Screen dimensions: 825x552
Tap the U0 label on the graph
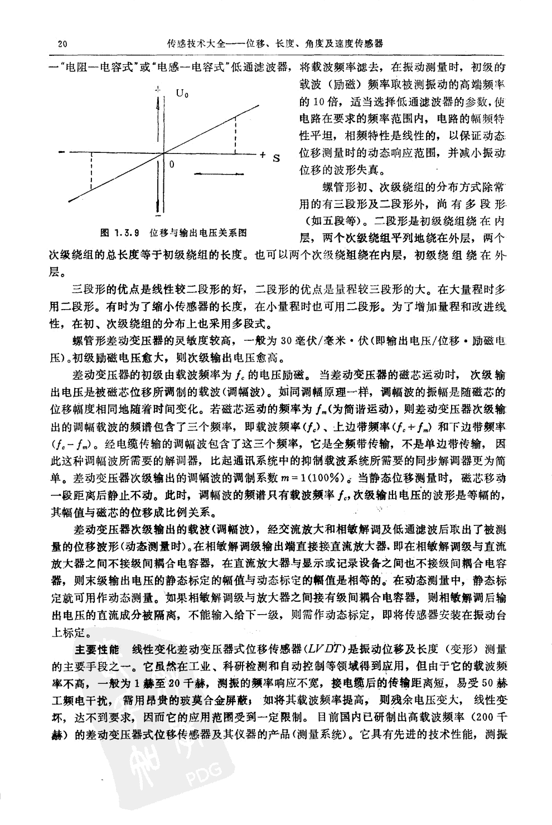(182, 93)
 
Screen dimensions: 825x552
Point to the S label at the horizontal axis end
(275, 158)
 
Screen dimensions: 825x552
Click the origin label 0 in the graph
(172, 165)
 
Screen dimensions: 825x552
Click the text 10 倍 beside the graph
(313, 103)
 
